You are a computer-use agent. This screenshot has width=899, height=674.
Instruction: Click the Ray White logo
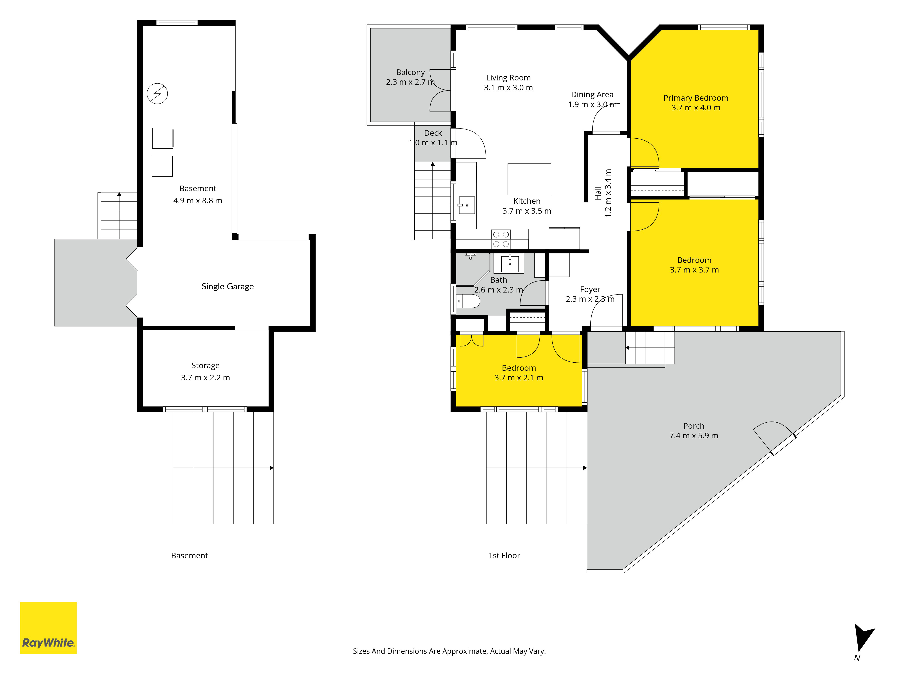48,628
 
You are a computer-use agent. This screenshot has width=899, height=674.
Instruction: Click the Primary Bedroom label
696,98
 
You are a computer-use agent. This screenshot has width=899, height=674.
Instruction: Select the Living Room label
508,78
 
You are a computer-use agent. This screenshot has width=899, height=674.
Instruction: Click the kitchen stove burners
501,239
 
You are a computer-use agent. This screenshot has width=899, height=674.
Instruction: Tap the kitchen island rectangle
529,179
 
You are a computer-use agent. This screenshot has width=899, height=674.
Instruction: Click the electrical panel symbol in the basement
157,93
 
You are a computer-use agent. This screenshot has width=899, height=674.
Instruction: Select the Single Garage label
228,286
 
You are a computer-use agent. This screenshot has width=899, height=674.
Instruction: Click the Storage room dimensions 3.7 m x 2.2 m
206,377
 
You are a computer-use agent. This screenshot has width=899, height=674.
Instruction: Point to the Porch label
694,426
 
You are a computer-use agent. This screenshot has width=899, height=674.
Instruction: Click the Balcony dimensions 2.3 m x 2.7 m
410,82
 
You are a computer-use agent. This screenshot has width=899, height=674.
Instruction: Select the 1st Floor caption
504,555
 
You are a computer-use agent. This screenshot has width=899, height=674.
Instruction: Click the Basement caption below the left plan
189,555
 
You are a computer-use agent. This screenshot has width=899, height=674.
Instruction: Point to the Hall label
598,193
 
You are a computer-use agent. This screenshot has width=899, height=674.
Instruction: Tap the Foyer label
590,289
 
